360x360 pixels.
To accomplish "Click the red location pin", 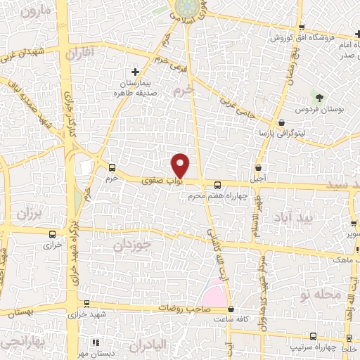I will click(x=181, y=165).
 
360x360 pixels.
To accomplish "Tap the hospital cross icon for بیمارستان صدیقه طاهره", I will click(x=136, y=72).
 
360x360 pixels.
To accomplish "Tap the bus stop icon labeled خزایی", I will click(x=53, y=235).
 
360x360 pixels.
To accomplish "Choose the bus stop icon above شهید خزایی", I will click(x=86, y=303).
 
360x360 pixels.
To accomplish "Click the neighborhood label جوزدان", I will click(x=133, y=245).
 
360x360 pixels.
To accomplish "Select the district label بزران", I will click(x=30, y=212).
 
